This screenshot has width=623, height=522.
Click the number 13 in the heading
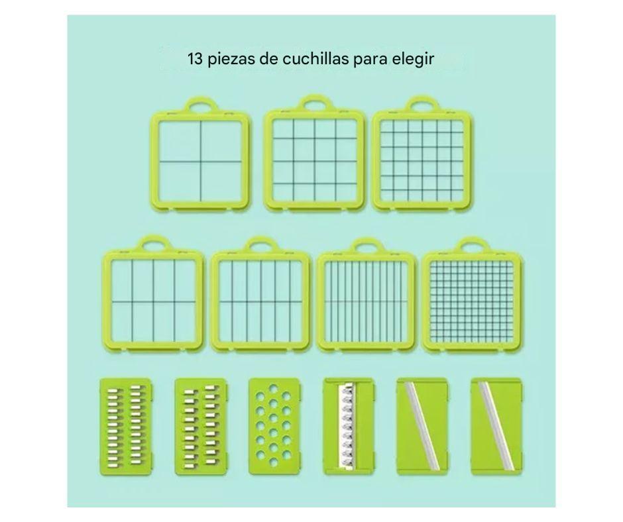pyautogui.click(x=196, y=59)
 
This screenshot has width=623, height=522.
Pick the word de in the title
pyautogui.click(x=268, y=59)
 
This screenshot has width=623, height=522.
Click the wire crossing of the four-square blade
pyautogui.click(x=200, y=161)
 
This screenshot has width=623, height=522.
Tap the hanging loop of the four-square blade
pyautogui.click(x=201, y=105)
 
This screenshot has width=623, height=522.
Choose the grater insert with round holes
pyautogui.click(x=273, y=426)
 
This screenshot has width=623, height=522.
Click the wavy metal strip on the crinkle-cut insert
pyautogui.click(x=347, y=426)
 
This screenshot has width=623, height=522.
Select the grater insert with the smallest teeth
pyautogui.click(x=125, y=427)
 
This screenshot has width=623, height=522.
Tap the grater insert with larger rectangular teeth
pyautogui.click(x=201, y=427)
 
